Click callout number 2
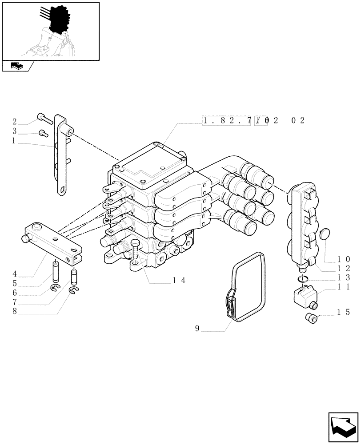(x=15, y=122)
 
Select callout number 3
(x=15, y=131)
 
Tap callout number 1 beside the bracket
(x=15, y=141)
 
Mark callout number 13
(x=343, y=277)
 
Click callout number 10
(x=343, y=258)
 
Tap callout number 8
(x=15, y=312)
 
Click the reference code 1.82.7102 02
(x=253, y=120)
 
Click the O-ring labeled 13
(x=302, y=278)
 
